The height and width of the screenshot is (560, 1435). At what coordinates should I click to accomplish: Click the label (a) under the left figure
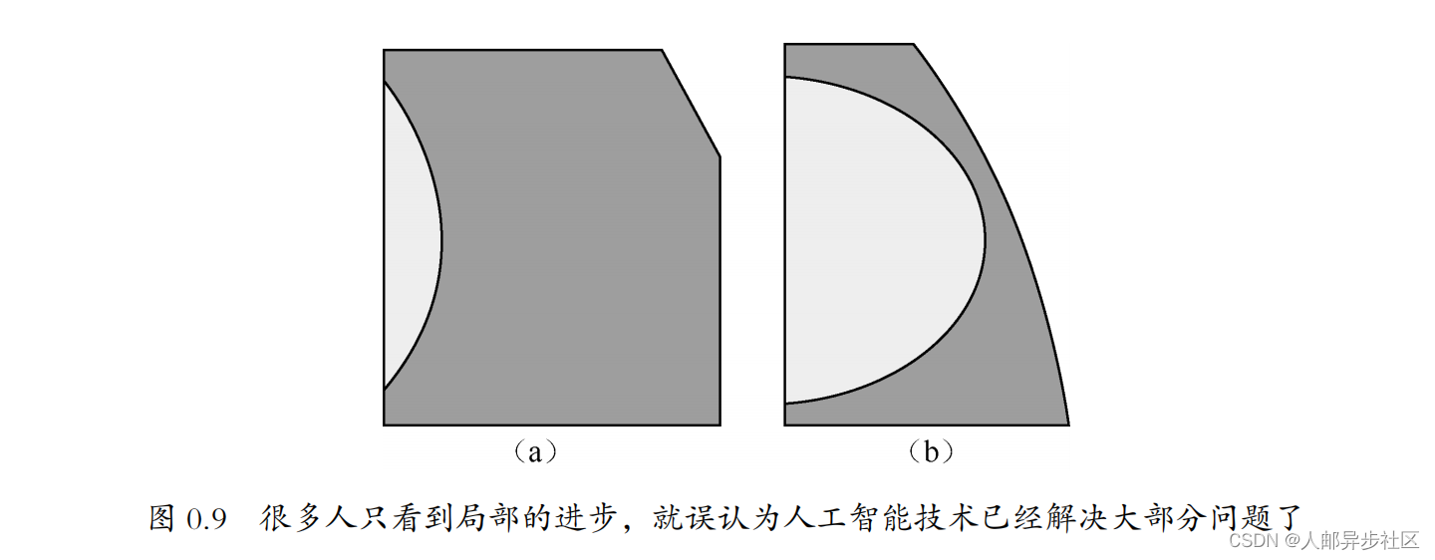click(535, 452)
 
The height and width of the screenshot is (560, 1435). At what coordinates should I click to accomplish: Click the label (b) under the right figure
click(931, 452)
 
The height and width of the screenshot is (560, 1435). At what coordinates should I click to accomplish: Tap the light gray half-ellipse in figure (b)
click(877, 239)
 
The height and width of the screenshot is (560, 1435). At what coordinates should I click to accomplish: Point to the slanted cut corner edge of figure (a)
click(692, 103)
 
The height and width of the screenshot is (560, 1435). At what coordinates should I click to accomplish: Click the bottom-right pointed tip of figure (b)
click(1066, 422)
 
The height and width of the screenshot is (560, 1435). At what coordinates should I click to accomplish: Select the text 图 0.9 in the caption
click(188, 518)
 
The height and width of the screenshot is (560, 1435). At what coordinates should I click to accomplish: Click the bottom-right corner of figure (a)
click(718, 423)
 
